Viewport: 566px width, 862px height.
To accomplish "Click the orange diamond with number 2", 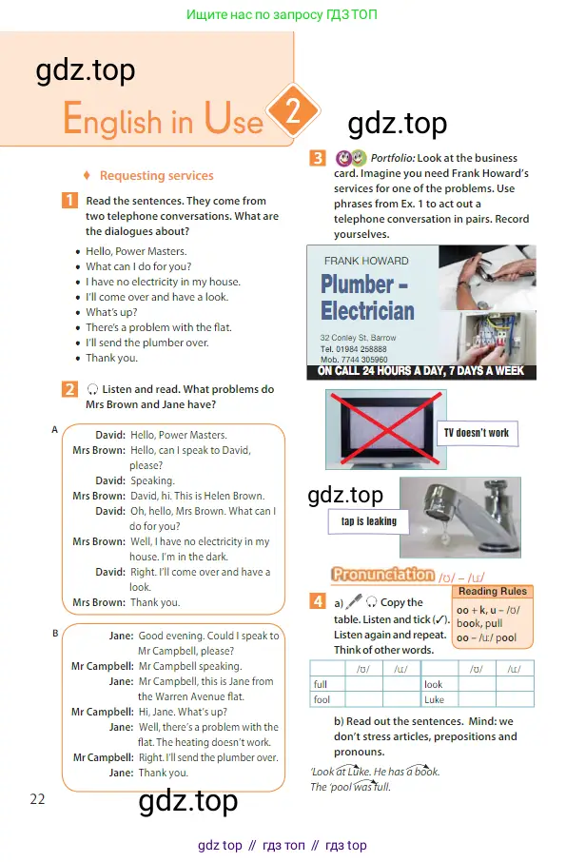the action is point(292,111).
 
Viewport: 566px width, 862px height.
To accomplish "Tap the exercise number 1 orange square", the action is point(69,200).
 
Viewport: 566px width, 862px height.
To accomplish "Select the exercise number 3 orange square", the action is point(318,158).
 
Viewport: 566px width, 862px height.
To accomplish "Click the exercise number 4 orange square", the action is point(318,601).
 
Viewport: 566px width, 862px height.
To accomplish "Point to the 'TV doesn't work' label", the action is point(477,433).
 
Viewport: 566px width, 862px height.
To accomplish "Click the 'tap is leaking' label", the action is point(369,521).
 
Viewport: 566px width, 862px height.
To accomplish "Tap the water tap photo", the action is point(460,518).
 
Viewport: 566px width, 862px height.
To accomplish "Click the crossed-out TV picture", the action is point(386,430).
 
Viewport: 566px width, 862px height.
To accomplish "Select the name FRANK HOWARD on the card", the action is point(366,261).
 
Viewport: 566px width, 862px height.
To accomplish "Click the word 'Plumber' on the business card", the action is point(357,284).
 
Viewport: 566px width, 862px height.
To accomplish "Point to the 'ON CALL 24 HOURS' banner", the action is point(420,372).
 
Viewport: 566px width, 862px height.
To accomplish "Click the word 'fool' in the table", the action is point(322,700).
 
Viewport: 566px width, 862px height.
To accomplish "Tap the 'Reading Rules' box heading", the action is point(493,592).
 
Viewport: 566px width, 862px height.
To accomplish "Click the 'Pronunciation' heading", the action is point(382,575).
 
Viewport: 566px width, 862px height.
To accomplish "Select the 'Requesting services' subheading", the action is point(157,176).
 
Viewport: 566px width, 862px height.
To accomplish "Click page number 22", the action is point(37,799).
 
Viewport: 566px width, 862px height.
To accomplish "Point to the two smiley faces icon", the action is point(351,158).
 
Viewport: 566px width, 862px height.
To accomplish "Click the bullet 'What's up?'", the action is point(111,312).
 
